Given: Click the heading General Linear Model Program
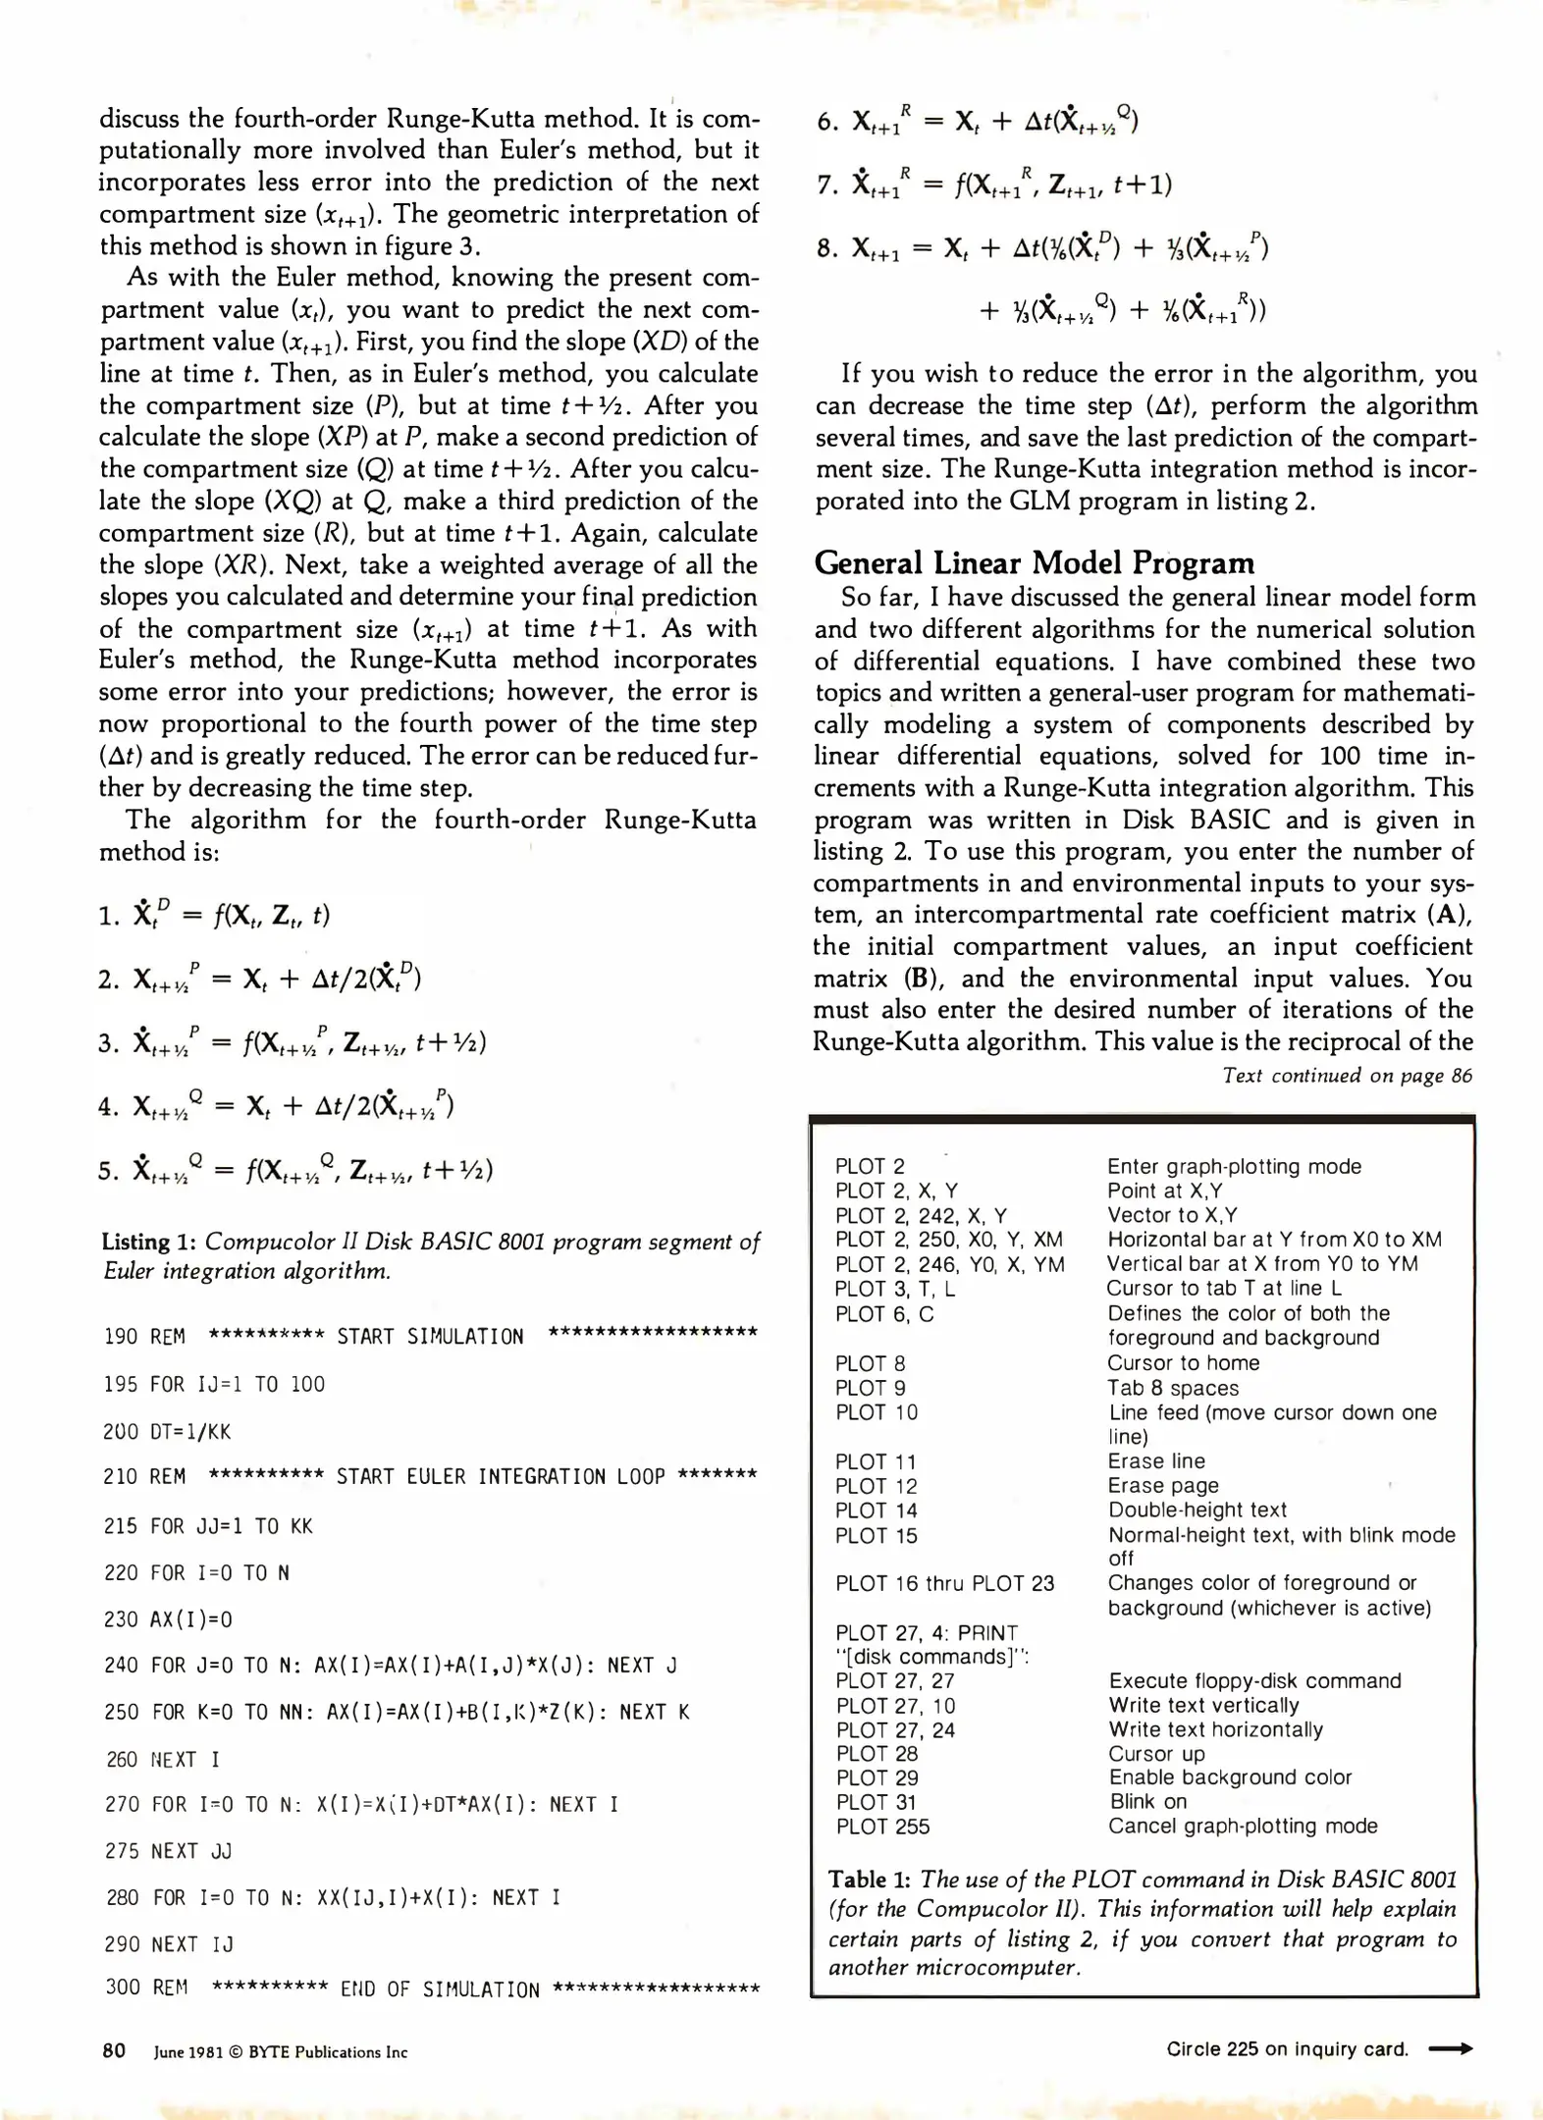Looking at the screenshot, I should coord(1034,563).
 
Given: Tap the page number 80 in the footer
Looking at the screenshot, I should coord(114,2051).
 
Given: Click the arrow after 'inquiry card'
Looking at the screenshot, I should coord(1450,2049).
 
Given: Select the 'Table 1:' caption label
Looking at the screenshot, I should coord(869,1880).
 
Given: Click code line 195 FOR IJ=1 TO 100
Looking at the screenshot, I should coord(214,1385).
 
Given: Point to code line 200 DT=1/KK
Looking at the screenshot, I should coord(167,1432).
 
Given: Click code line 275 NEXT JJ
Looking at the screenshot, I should coord(168,1851).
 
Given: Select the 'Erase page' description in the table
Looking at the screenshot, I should coord(1163,1486).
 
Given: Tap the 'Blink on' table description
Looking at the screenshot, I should coord(1147,1802).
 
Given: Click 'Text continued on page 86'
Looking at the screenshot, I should coord(1347,1076).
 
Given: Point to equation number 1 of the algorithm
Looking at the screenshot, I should coord(108,917).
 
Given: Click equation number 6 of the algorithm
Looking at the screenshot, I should coord(826,123).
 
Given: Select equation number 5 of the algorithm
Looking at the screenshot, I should coord(108,1171).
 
